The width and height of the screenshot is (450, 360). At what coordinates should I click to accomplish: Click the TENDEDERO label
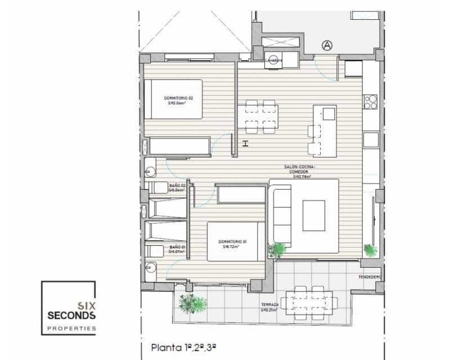pyautogui.click(x=370, y=277)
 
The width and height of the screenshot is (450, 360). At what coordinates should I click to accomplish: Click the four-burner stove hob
pyautogui.click(x=370, y=102)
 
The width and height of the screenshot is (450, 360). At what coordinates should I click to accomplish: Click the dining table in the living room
pyautogui.click(x=262, y=117)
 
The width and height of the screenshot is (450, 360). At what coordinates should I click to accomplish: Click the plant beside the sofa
pyautogui.click(x=277, y=249)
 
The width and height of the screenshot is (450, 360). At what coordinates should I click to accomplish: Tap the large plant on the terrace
pyautogui.click(x=191, y=303)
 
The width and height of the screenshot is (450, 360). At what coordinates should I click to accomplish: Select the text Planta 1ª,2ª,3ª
pyautogui.click(x=184, y=348)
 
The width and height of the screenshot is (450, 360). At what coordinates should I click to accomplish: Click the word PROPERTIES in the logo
pyautogui.click(x=71, y=328)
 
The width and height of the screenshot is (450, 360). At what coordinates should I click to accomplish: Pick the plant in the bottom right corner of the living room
pyautogui.click(x=370, y=250)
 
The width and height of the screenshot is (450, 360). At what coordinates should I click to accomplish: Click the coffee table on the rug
pyautogui.click(x=314, y=215)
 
